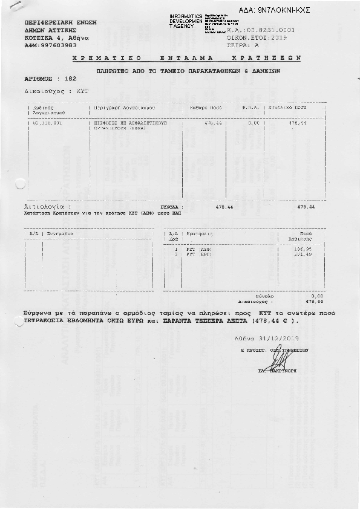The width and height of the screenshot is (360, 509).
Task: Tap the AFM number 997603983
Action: click(59, 45)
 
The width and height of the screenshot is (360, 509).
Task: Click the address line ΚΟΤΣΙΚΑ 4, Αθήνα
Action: click(57, 37)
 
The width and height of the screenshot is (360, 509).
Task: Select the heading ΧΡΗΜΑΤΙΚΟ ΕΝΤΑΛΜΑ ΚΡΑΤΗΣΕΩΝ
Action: click(186, 58)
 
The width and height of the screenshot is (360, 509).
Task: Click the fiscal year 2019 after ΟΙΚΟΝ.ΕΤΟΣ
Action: click(277, 37)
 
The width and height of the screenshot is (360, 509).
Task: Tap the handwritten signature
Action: click(280, 361)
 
